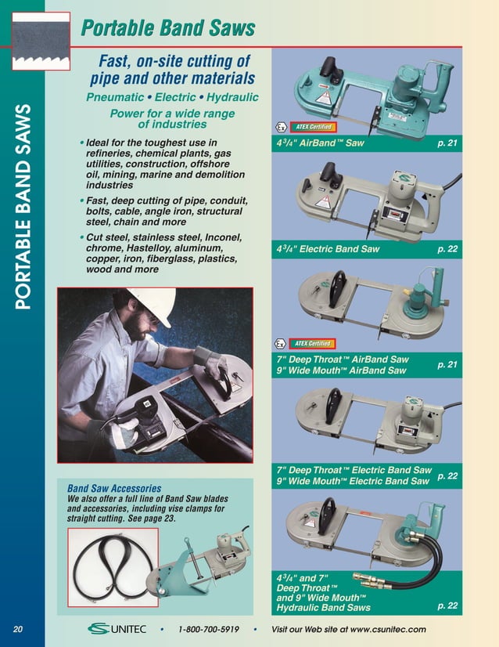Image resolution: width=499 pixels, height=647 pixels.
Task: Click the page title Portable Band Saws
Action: coord(168,29)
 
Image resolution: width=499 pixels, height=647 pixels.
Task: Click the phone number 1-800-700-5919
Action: coord(208,630)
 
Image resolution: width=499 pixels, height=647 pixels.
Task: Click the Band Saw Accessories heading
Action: coord(114,488)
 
